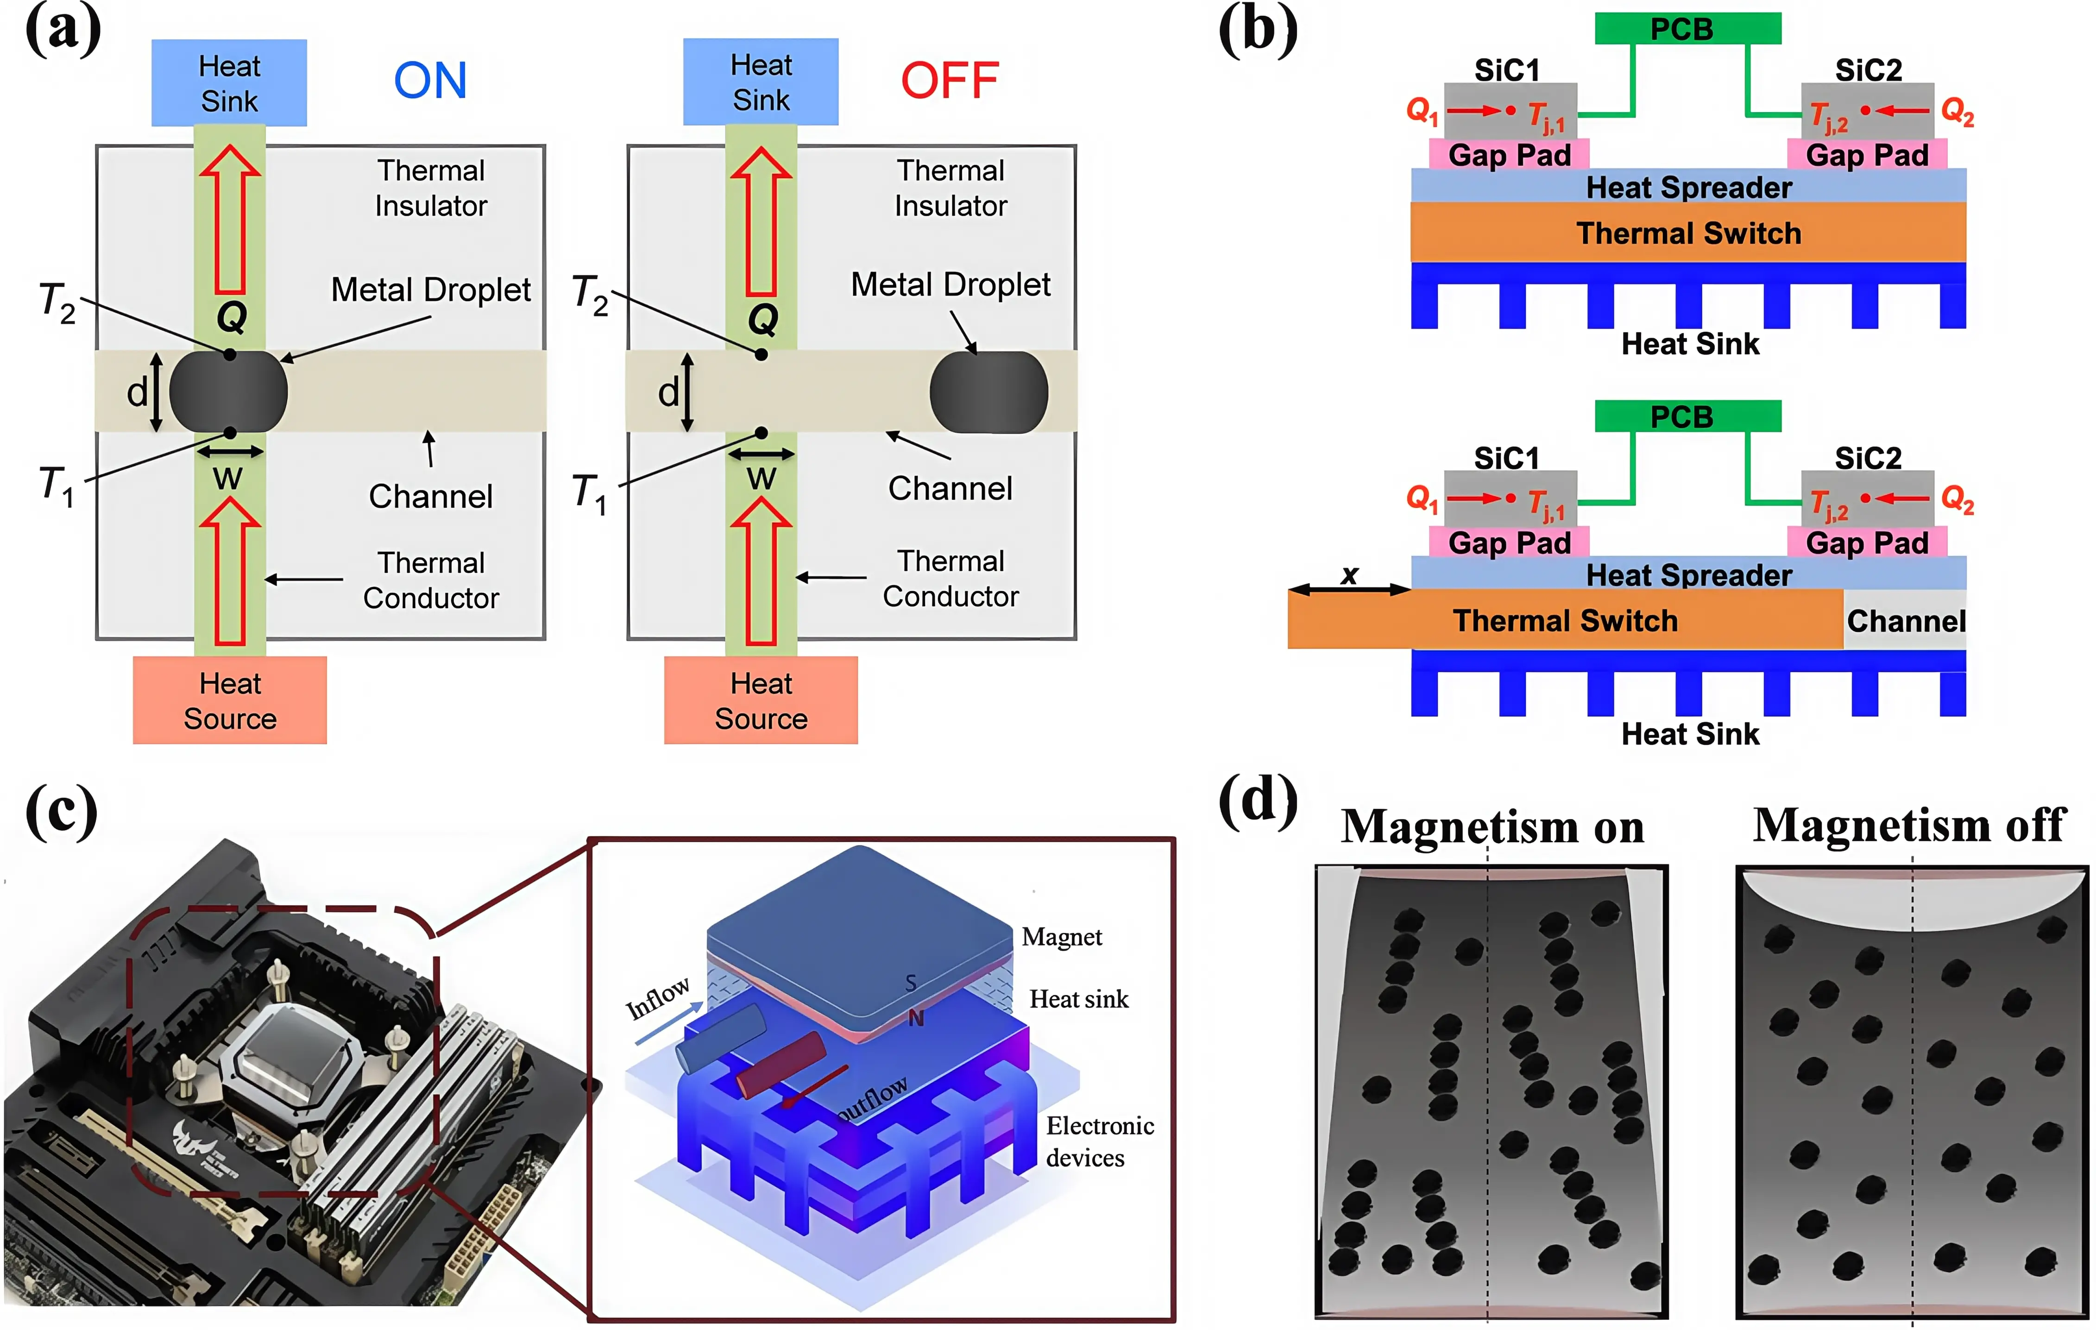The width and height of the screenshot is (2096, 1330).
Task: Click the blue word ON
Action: pyautogui.click(x=430, y=81)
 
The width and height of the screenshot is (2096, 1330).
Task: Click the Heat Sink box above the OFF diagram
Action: pyautogui.click(x=761, y=82)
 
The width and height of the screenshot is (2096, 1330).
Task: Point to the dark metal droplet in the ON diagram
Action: pyautogui.click(x=228, y=392)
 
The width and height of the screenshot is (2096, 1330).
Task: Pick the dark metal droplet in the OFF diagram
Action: pyautogui.click(x=989, y=392)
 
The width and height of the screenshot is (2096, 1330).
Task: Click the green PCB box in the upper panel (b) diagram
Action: pyautogui.click(x=1687, y=29)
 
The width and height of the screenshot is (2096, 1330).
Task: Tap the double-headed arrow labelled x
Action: pyautogui.click(x=1349, y=589)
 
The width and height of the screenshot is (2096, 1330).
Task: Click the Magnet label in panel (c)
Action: pyautogui.click(x=1061, y=938)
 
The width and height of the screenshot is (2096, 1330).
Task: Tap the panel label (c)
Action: pyautogui.click(x=61, y=811)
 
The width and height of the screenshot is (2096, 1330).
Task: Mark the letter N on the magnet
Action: pyautogui.click(x=916, y=1018)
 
